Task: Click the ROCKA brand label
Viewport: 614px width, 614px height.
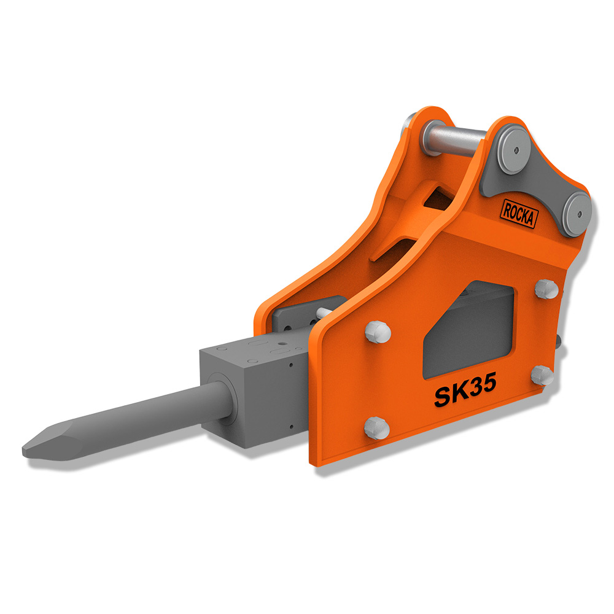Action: [519, 214]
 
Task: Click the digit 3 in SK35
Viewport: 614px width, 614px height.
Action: [474, 386]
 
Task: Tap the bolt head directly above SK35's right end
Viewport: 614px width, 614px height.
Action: [542, 375]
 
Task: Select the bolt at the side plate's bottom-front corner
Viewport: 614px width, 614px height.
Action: [377, 428]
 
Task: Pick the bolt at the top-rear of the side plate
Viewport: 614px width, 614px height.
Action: [546, 289]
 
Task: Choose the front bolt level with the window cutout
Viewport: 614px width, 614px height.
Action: [378, 332]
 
